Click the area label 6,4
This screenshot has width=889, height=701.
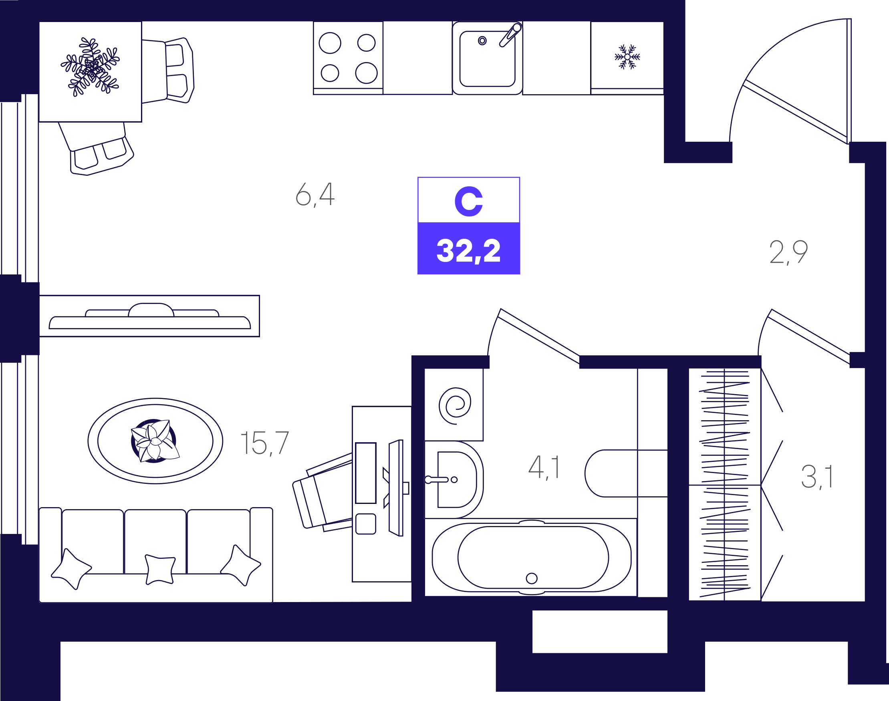point(315,194)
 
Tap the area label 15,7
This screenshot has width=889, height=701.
point(265,443)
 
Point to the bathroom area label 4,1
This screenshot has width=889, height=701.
point(544,467)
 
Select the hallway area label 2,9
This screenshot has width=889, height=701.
point(788,252)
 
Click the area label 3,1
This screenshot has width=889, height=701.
point(817,477)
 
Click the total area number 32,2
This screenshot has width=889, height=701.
point(468,250)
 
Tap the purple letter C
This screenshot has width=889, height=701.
point(468,201)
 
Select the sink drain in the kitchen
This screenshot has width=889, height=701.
point(482,40)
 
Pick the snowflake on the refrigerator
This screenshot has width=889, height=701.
point(627,56)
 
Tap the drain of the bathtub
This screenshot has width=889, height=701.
point(532,578)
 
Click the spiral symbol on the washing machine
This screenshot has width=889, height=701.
point(455,405)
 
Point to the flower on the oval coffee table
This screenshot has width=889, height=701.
point(155,441)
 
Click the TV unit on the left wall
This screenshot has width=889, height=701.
point(149,316)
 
